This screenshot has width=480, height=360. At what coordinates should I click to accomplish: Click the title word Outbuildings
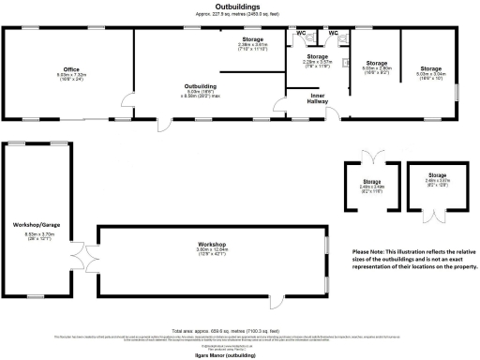point(240,7)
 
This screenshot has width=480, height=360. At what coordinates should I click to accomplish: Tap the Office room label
point(71,69)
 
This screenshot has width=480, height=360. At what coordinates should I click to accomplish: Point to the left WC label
point(301,33)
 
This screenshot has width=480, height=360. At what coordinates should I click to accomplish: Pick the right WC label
point(333,33)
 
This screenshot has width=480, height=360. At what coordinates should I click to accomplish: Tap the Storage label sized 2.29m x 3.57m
point(318,57)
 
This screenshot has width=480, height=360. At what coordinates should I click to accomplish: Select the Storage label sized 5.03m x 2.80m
point(375,63)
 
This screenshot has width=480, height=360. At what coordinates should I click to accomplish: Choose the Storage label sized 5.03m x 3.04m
point(430,68)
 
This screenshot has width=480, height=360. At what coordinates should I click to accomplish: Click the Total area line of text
point(240,330)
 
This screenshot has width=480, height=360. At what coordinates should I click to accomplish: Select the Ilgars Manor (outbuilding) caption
point(240,356)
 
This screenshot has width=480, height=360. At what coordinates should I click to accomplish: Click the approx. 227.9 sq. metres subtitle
point(240,14)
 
